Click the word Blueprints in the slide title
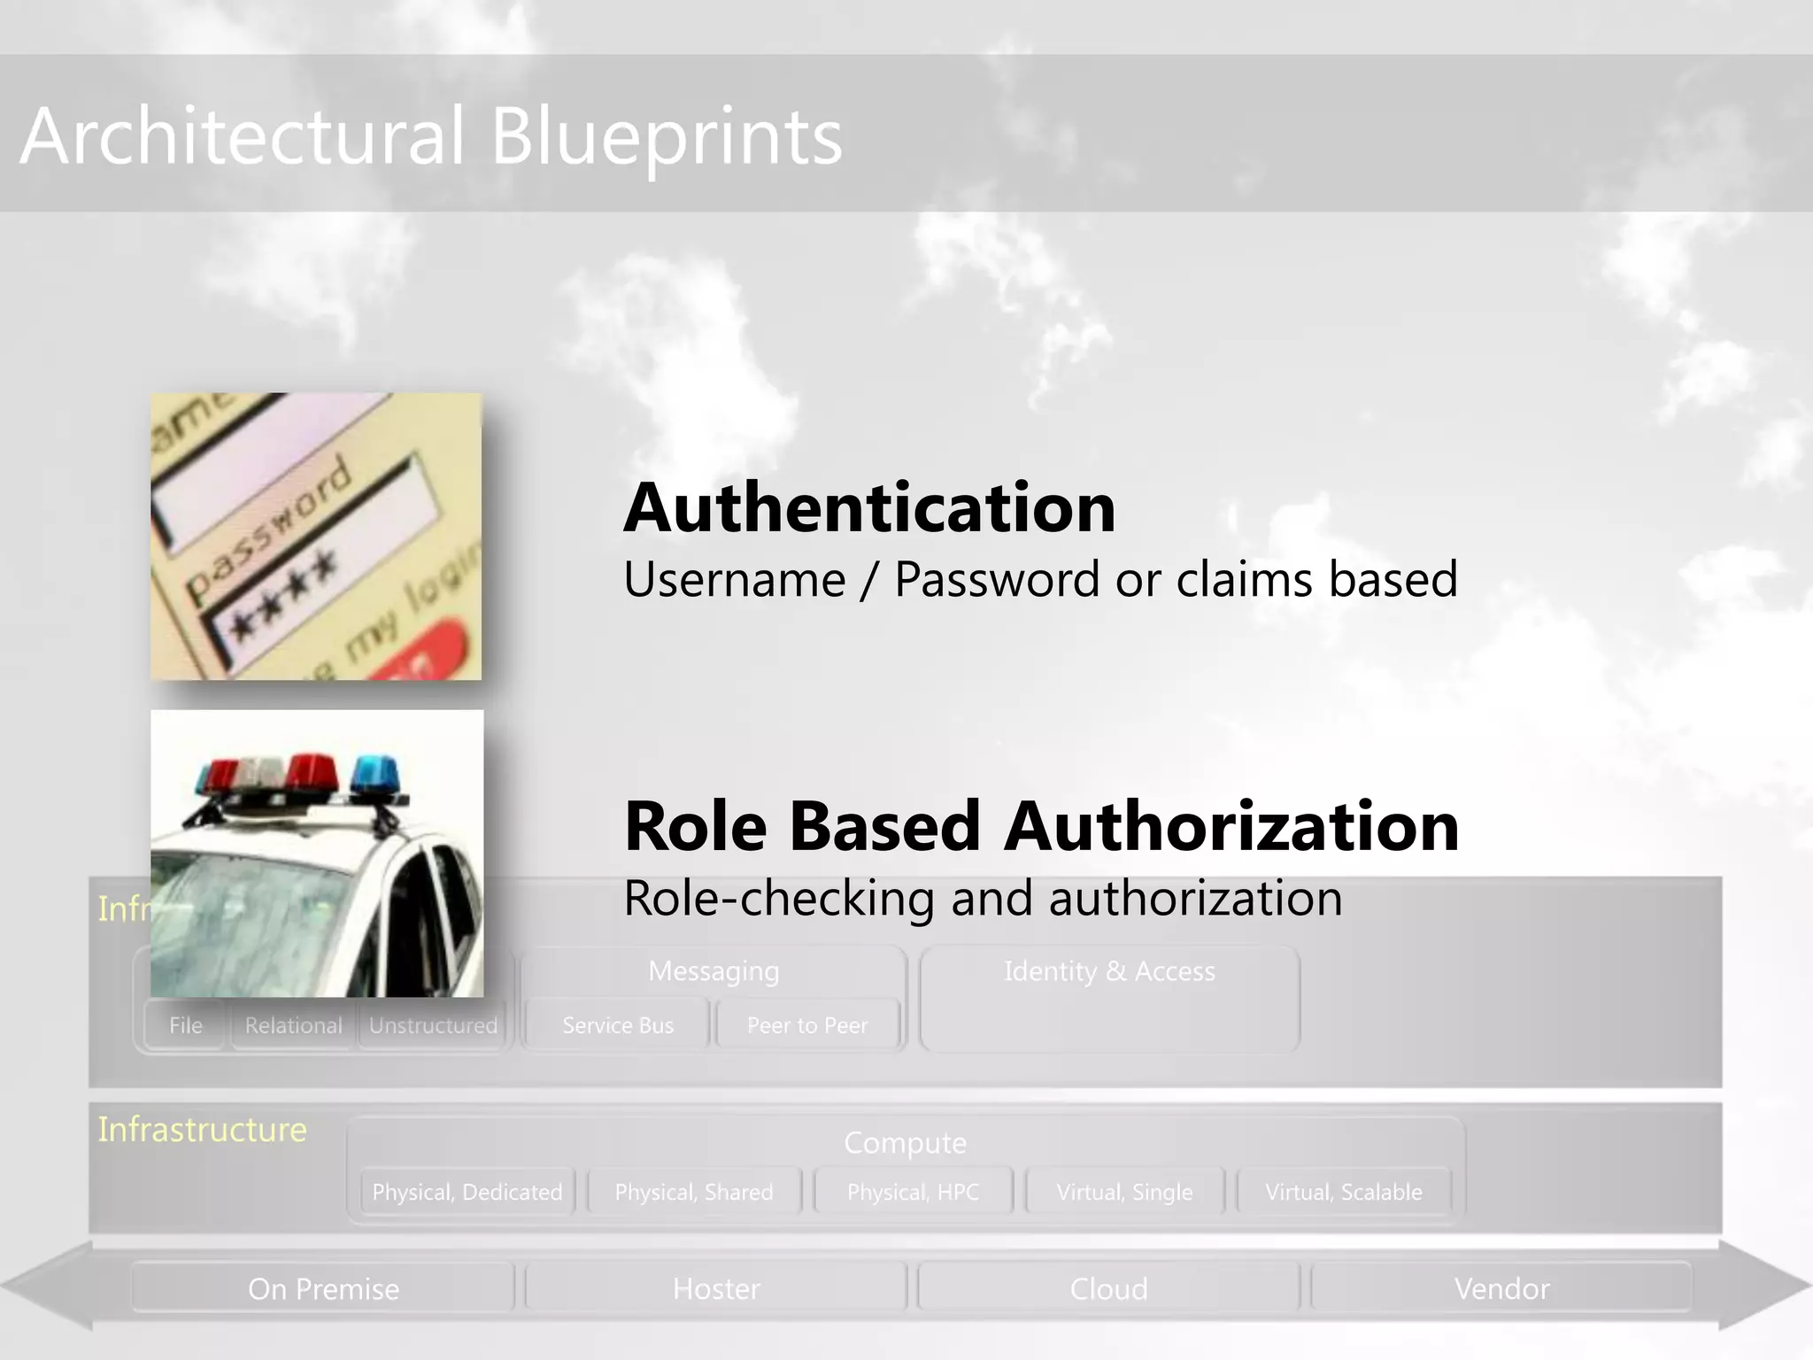[x=666, y=137]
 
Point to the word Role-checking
[x=779, y=899]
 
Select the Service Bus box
[x=618, y=1025]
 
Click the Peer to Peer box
[x=807, y=1025]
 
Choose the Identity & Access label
[x=1109, y=971]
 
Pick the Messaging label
[x=714, y=971]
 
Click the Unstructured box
[x=433, y=1025]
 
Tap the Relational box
[x=293, y=1025]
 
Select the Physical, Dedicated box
[x=467, y=1192]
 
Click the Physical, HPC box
[x=913, y=1192]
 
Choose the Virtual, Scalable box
[x=1344, y=1192]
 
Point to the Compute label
[x=905, y=1143]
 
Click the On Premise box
[x=323, y=1288]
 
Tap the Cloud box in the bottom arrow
[x=1108, y=1288]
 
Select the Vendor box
[x=1501, y=1288]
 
